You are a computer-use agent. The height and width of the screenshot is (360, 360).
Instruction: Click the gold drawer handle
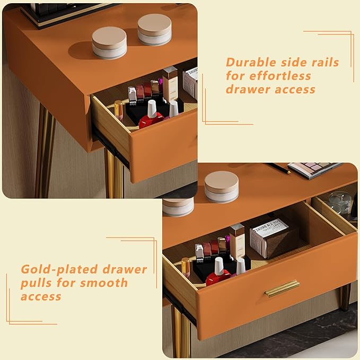(x=282, y=288)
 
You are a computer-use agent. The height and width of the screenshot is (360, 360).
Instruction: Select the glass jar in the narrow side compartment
(x=339, y=203)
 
